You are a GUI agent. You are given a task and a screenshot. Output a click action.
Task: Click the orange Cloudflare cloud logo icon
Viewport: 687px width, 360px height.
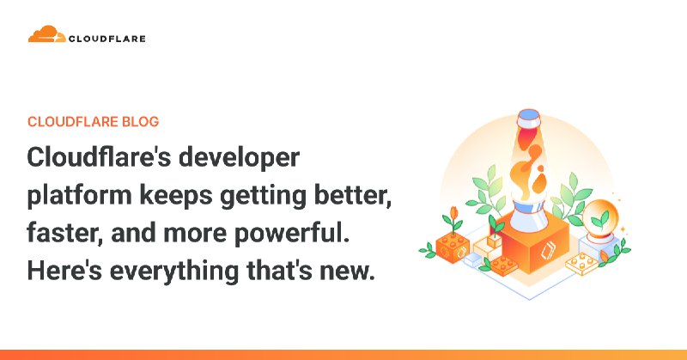(x=46, y=35)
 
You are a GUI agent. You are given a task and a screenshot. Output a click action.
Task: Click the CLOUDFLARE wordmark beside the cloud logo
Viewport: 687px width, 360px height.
(x=107, y=38)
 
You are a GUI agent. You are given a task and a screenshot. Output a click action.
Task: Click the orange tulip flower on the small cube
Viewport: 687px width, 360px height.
(x=453, y=212)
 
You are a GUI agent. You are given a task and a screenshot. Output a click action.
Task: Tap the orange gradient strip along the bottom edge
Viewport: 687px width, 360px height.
(x=343, y=354)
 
